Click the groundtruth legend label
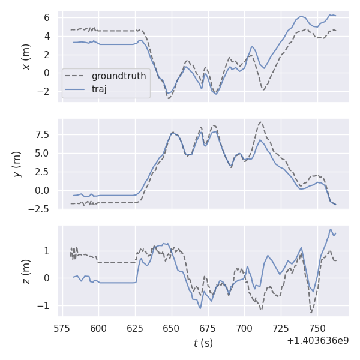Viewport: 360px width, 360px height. pyautogui.click(x=119, y=76)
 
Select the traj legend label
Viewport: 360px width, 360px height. pyautogui.click(x=103, y=89)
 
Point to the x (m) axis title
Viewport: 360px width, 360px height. pyautogui.click(x=26, y=56)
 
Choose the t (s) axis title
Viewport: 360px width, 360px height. pyautogui.click(x=203, y=343)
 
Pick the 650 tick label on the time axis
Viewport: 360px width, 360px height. pyautogui.click(x=172, y=328)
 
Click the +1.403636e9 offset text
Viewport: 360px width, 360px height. pyautogui.click(x=317, y=340)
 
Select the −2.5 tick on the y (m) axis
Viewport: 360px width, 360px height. pyautogui.click(x=40, y=209)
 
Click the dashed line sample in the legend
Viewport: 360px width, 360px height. pyautogui.click(x=76, y=76)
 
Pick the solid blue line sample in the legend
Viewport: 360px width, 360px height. pyautogui.click(x=76, y=89)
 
